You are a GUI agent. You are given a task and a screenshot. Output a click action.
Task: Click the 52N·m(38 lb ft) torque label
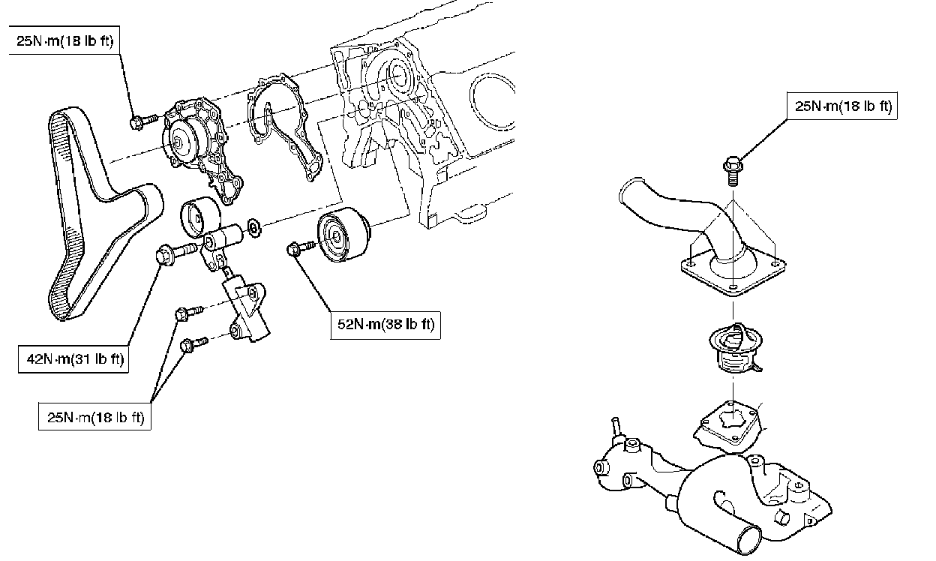click(x=385, y=325)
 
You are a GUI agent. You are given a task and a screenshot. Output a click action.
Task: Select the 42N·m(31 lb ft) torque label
click(x=73, y=358)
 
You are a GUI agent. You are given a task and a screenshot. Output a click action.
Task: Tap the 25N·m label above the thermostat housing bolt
click(x=842, y=106)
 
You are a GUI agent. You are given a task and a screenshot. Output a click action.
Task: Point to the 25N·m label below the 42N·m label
click(x=94, y=417)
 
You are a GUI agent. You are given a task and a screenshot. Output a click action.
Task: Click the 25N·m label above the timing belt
click(x=64, y=41)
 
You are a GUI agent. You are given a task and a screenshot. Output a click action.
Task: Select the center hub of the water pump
click(x=177, y=142)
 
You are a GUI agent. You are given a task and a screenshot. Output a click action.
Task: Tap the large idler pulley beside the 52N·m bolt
click(x=343, y=235)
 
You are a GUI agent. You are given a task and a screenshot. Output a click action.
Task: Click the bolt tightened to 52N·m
click(x=301, y=247)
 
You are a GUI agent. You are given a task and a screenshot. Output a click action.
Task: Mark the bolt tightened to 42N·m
click(x=175, y=252)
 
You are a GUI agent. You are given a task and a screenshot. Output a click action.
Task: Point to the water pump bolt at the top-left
click(x=143, y=121)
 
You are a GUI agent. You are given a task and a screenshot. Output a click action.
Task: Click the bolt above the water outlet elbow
click(x=733, y=170)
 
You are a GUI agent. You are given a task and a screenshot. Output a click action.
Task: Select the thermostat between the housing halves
click(x=736, y=348)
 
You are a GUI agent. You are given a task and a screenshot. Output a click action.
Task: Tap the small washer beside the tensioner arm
click(x=254, y=227)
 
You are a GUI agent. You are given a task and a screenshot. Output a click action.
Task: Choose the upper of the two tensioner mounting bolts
click(x=189, y=313)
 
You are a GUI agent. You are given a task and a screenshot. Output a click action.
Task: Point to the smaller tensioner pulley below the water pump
click(x=200, y=217)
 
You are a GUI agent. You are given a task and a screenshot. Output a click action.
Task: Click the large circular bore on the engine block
click(x=493, y=100)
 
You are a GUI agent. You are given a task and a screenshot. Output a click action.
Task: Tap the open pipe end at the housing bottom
click(x=749, y=540)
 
